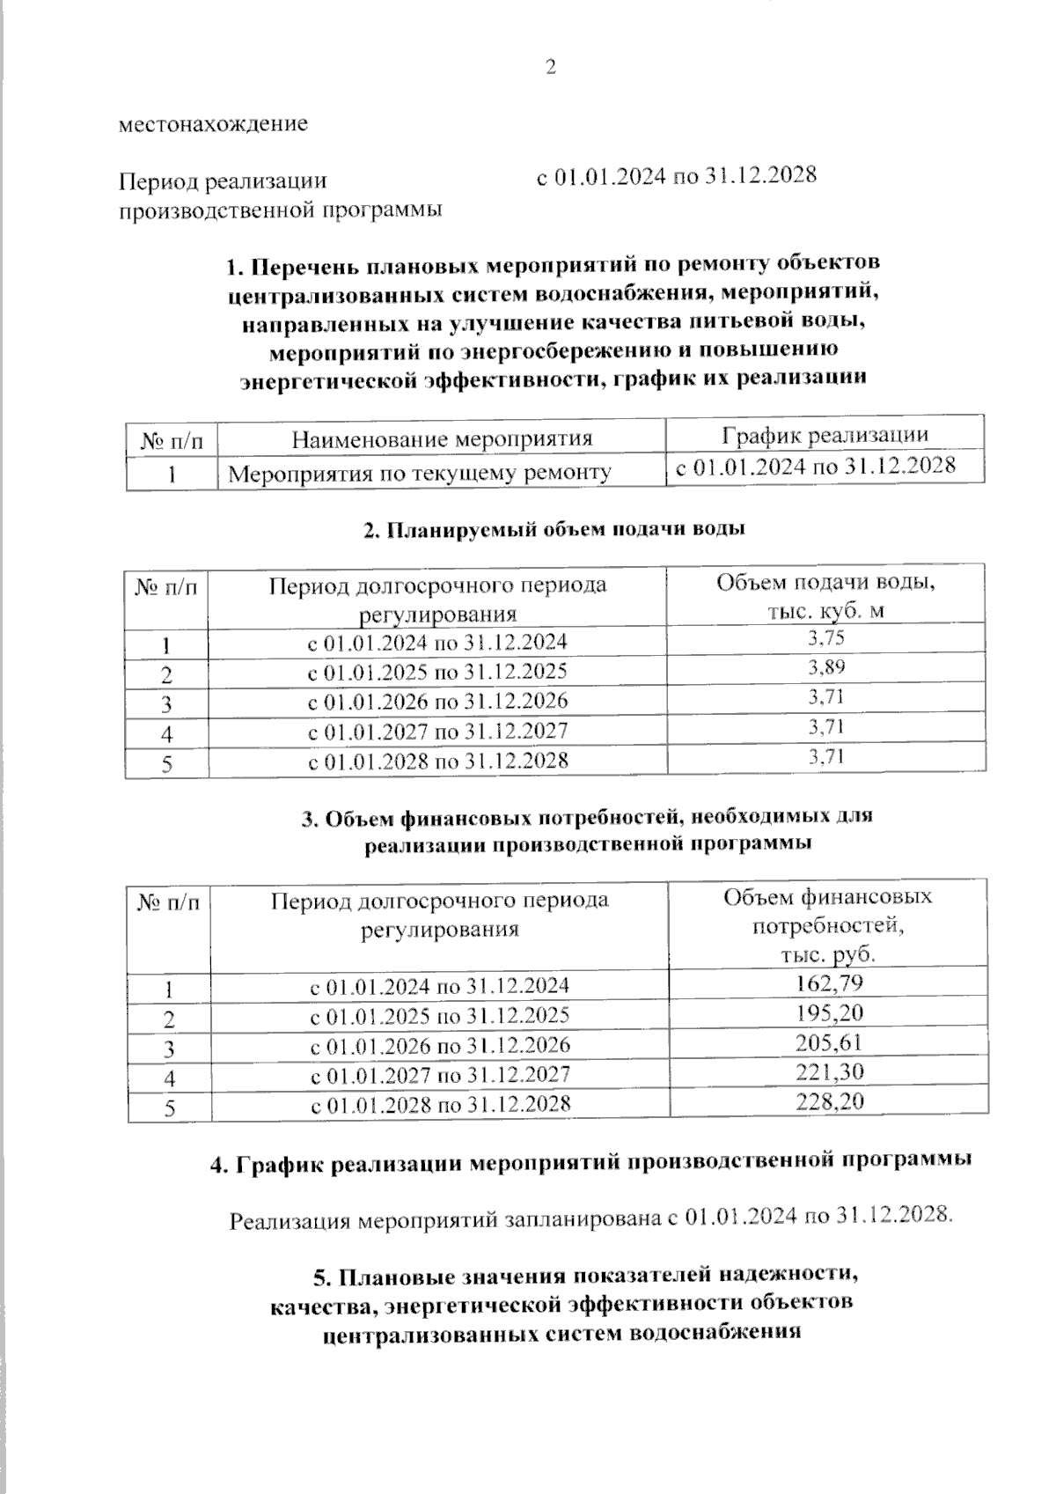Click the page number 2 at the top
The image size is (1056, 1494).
pyautogui.click(x=552, y=68)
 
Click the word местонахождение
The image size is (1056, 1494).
pyautogui.click(x=214, y=124)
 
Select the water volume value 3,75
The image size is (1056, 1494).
pyautogui.click(x=826, y=638)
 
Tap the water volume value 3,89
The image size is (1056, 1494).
pyautogui.click(x=826, y=667)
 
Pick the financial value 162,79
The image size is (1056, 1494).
pyautogui.click(x=829, y=982)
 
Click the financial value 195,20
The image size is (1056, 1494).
pyautogui.click(x=829, y=1012)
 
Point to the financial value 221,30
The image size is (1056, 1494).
pyautogui.click(x=829, y=1071)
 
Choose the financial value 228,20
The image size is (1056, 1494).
pyautogui.click(x=829, y=1100)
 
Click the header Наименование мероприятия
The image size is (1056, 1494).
pyautogui.click(x=442, y=438)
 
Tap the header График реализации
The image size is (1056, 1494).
pyautogui.click(x=825, y=435)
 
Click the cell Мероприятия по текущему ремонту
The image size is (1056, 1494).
pyautogui.click(x=420, y=474)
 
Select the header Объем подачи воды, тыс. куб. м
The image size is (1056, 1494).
pyautogui.click(x=825, y=596)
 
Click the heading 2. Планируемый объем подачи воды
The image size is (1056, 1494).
pyautogui.click(x=554, y=529)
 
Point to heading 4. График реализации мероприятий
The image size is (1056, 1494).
pyautogui.click(x=590, y=1162)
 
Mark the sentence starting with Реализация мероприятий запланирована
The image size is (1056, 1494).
pyautogui.click(x=590, y=1220)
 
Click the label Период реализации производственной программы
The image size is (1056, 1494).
pyautogui.click(x=280, y=195)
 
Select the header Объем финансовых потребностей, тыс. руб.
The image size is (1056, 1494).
pyautogui.click(x=827, y=925)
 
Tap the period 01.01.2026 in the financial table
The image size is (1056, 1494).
pyautogui.click(x=440, y=1045)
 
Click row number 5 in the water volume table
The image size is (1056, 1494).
pyautogui.click(x=167, y=764)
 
